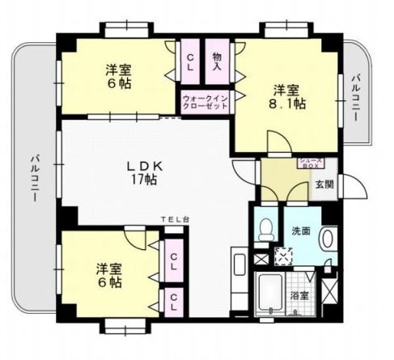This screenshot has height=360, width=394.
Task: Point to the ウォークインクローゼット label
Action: [205, 103]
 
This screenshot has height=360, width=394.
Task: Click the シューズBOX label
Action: [311, 163]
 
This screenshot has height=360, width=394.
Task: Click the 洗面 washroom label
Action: [301, 231]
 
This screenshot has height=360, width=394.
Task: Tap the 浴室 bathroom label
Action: [299, 296]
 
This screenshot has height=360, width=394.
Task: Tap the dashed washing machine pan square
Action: [283, 257]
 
